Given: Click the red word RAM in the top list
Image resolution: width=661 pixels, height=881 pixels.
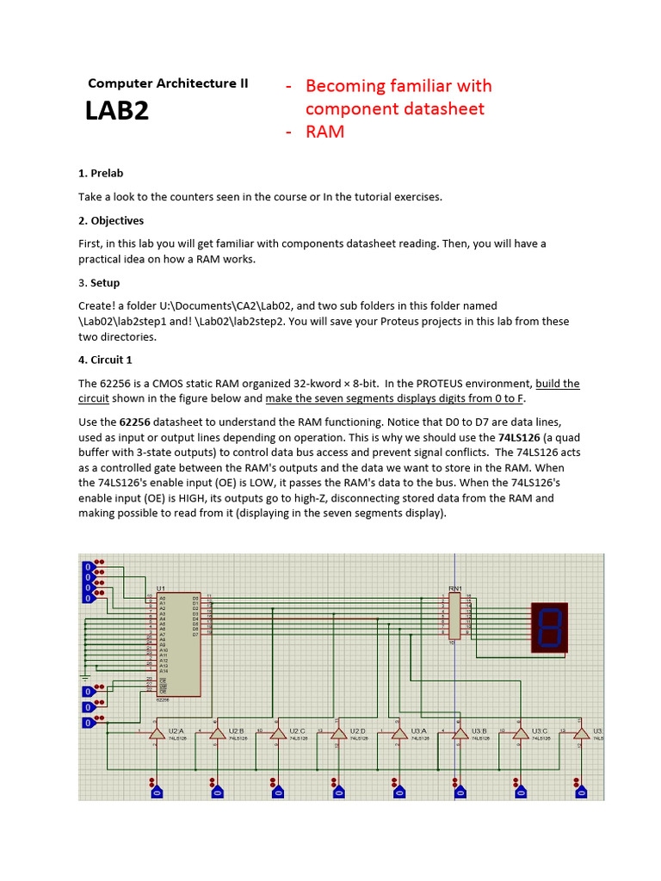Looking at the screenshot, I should (x=325, y=132).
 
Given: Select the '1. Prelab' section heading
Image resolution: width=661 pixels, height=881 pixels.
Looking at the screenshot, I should (x=101, y=174).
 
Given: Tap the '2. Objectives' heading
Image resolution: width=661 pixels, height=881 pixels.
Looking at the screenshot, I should (x=111, y=220).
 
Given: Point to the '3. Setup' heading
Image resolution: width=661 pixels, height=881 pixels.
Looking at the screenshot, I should (x=99, y=283).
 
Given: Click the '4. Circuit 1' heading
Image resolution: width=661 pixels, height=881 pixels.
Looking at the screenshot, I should (x=105, y=360).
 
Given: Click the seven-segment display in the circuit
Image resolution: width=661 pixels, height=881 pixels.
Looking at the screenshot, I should (x=550, y=626).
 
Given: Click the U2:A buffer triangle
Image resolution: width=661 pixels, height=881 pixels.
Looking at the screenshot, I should (x=156, y=733).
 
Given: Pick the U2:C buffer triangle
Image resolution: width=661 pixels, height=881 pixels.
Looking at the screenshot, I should (x=277, y=733).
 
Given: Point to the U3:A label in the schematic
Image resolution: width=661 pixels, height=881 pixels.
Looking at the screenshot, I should (x=418, y=730).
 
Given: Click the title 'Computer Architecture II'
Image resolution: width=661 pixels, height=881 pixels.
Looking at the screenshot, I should (x=168, y=83).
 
